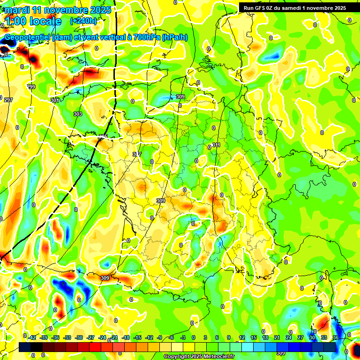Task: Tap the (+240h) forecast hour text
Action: click(x=83, y=21)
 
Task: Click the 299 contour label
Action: click(x=31, y=87)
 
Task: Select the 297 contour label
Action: click(x=8, y=100)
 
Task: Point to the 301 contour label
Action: click(x=55, y=100)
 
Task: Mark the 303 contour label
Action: click(x=78, y=114)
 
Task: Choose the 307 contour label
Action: click(x=137, y=154)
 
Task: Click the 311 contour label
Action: click(x=216, y=145)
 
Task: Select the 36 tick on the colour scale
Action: click(x=336, y=337)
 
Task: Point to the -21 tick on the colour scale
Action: click(x=114, y=337)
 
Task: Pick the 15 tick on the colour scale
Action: click(x=254, y=337)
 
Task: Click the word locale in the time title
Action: click(x=45, y=21)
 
